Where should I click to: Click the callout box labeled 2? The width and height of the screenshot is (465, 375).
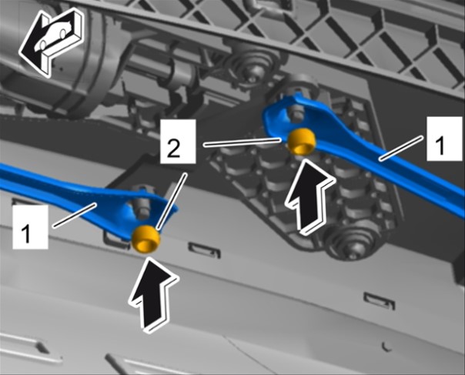[x=178, y=141]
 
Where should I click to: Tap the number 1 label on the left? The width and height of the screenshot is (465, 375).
[x=30, y=227]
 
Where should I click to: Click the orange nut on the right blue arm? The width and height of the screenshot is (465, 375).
[x=303, y=142]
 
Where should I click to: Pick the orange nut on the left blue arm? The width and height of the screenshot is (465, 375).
[x=146, y=239]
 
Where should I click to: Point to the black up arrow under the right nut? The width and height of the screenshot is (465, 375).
[x=310, y=198]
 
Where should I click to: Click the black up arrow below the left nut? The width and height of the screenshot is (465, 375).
[x=154, y=293]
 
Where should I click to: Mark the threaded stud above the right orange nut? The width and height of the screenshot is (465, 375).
[x=297, y=113]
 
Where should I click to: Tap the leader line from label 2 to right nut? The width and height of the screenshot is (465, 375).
[x=243, y=142]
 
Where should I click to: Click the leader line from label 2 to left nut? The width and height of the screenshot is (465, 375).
[x=172, y=202]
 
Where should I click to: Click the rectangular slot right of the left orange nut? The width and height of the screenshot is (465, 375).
[x=205, y=251]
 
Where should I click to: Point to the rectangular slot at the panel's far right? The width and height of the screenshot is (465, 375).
[x=380, y=300]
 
